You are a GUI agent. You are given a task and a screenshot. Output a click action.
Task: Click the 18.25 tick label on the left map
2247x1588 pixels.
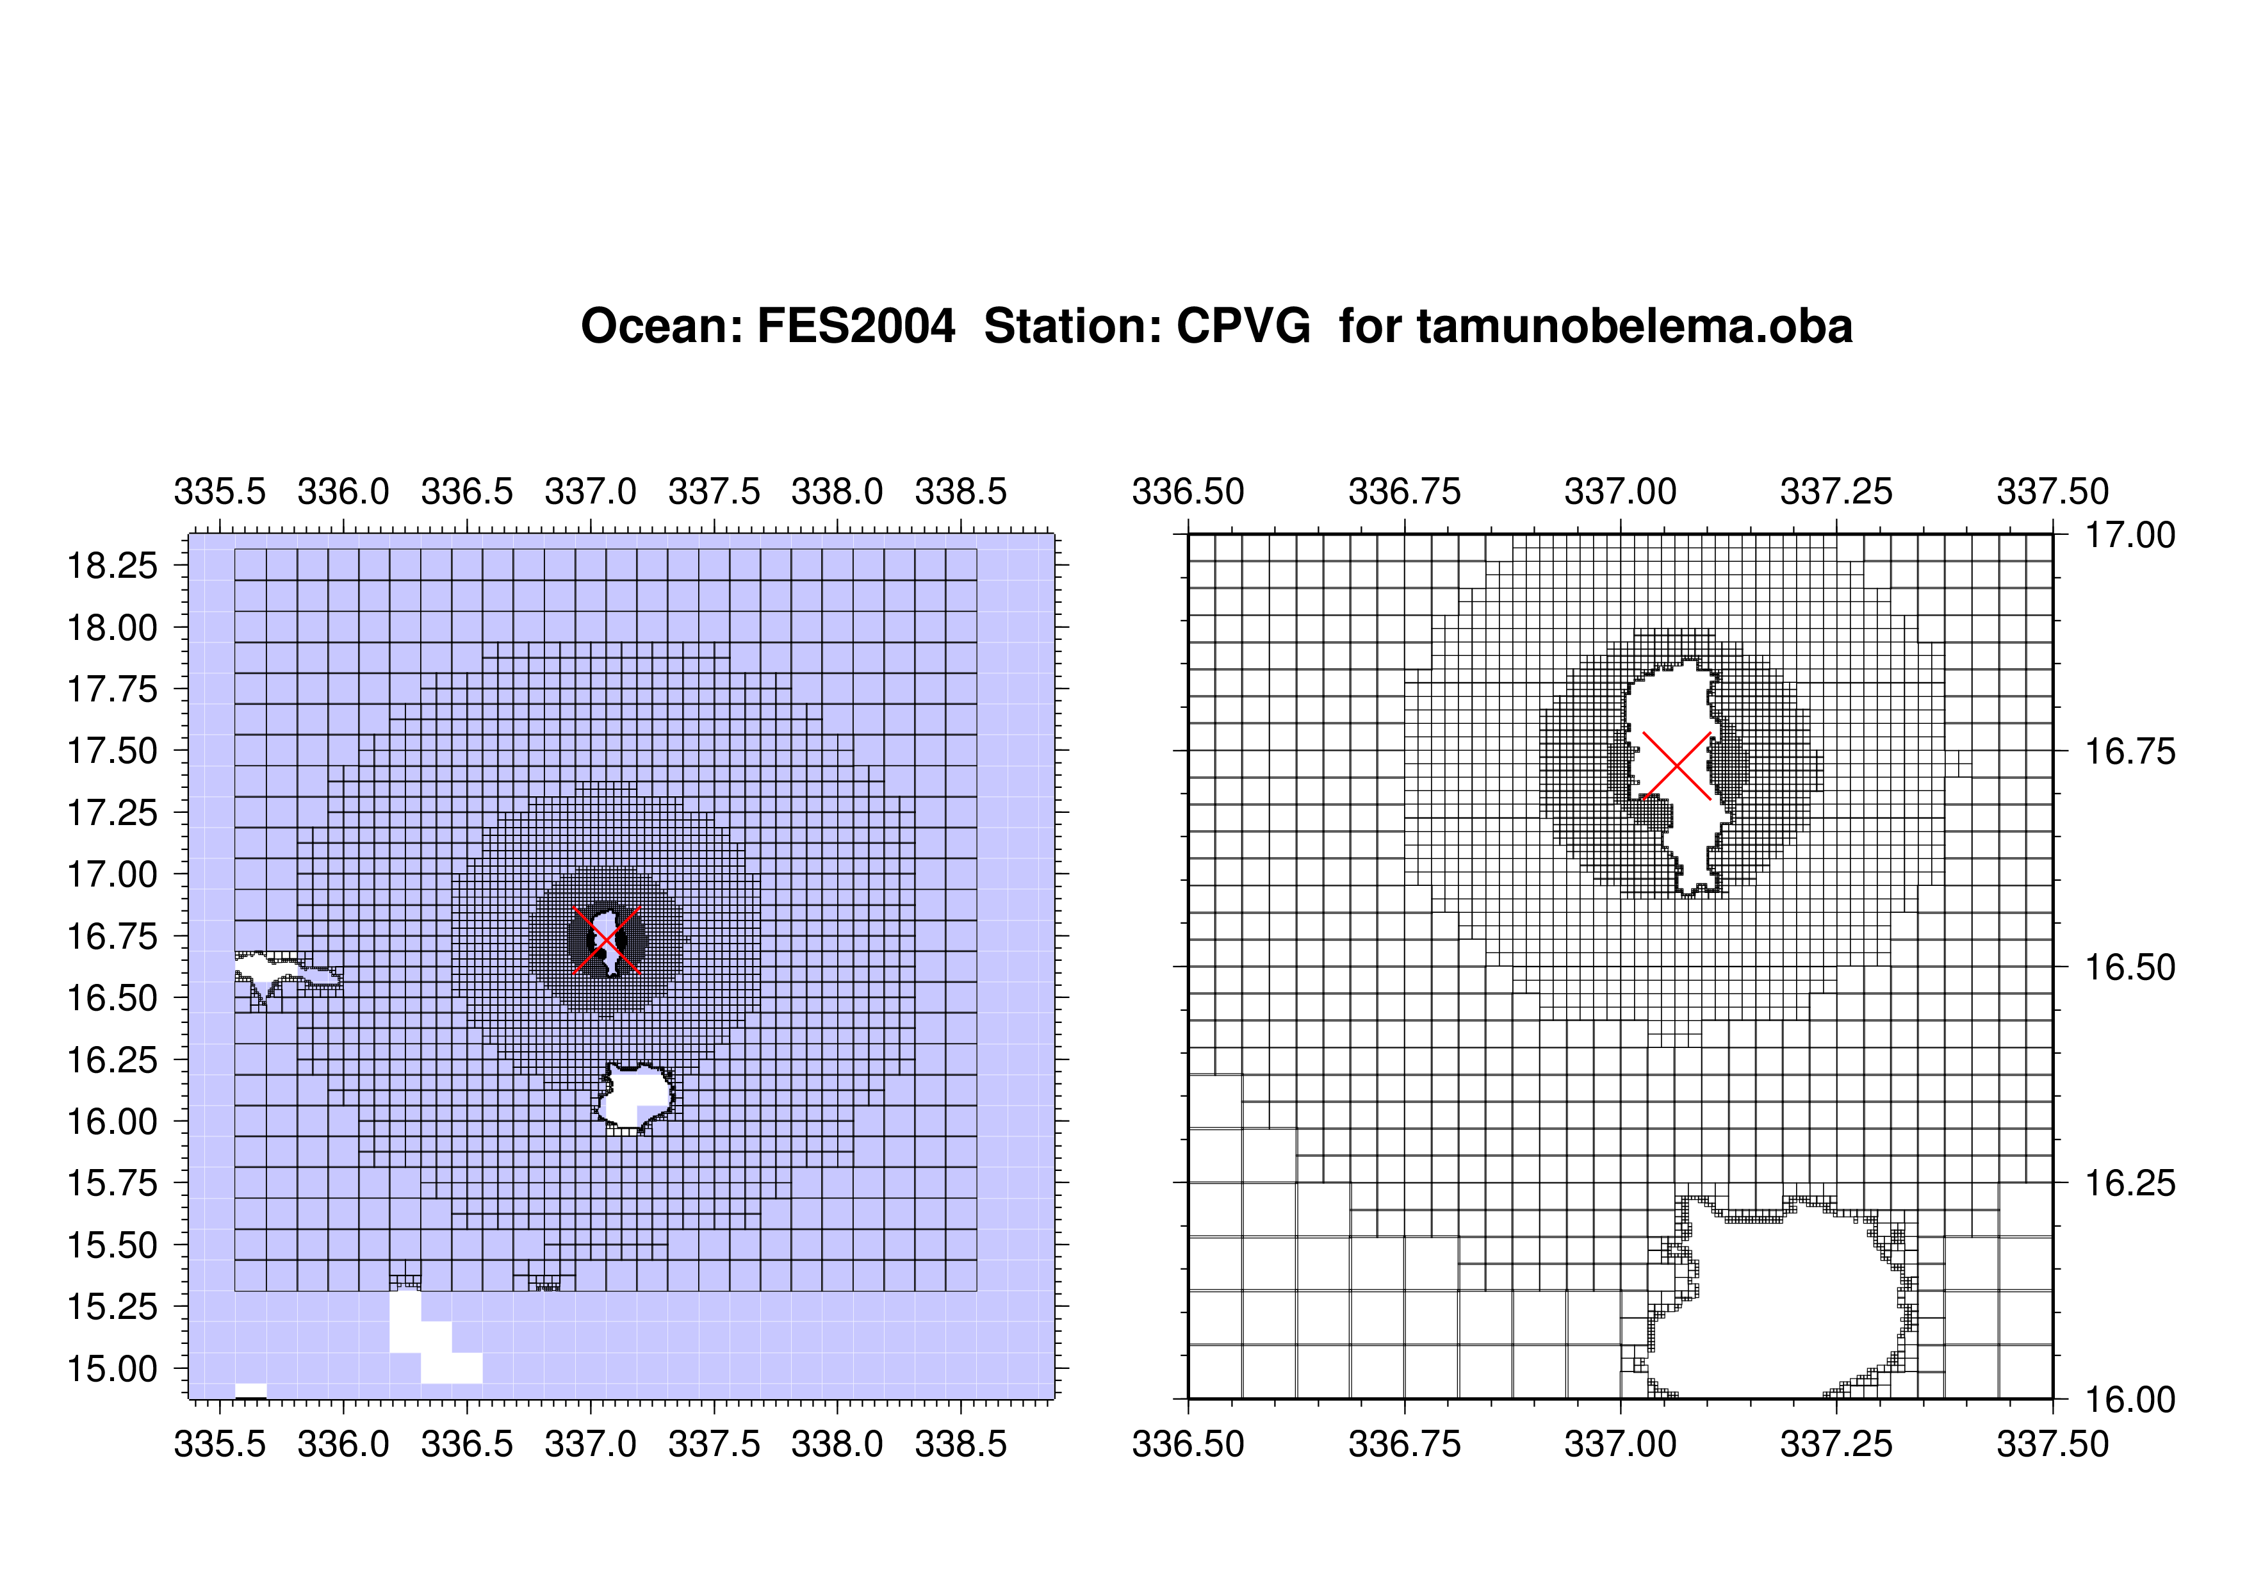coord(111,566)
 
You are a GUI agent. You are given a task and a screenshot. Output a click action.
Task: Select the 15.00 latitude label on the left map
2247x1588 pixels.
coord(111,1369)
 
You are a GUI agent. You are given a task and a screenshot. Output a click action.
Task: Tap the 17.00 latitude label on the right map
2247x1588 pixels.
coord(2130,535)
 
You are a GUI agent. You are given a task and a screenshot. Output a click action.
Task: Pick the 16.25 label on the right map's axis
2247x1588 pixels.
coord(2130,1184)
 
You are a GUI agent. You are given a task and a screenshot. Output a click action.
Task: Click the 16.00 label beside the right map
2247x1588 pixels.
coord(2130,1400)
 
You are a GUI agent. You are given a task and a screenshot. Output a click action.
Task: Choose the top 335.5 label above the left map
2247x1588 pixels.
coord(220,491)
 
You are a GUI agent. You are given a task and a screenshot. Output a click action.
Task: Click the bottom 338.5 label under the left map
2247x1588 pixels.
coord(961,1444)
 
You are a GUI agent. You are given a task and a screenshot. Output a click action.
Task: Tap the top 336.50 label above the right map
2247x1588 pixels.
coord(1188,491)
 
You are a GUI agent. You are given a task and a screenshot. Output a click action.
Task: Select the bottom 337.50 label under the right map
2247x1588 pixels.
coord(2052,1444)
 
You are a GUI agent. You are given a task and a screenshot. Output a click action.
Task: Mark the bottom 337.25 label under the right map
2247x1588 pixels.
coord(1836,1444)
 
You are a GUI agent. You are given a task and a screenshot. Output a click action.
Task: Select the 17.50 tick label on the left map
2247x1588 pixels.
coord(111,751)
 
